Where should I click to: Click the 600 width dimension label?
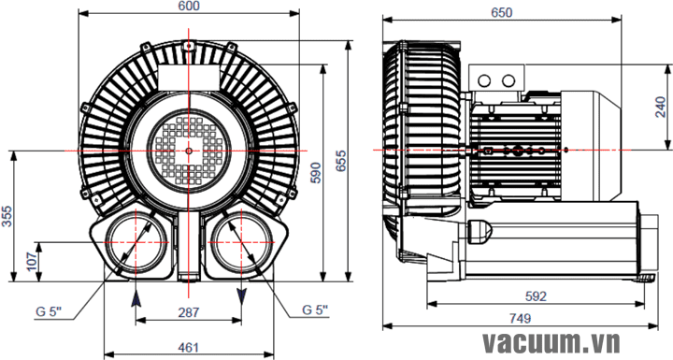189,6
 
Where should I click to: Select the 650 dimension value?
501,13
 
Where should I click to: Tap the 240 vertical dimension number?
661,107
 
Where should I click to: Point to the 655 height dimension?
340,161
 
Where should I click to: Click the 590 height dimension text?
316,173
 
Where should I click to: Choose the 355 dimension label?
7,217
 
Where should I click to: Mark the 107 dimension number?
32,262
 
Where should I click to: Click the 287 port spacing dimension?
189,312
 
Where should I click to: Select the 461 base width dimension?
188,347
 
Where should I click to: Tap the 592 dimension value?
537,296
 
